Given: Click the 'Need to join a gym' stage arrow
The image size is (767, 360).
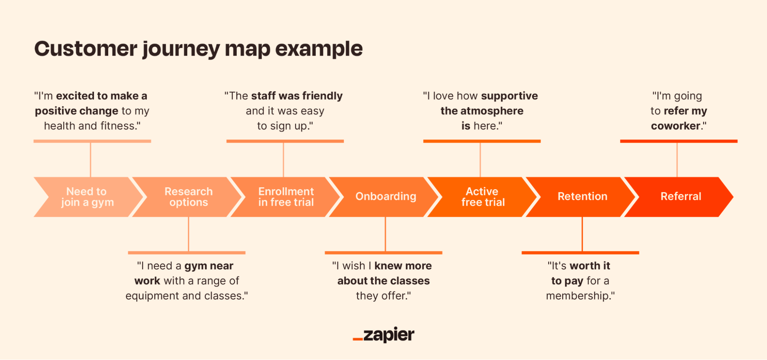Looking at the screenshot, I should click(87, 197).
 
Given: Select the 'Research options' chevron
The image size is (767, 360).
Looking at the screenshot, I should click(188, 197).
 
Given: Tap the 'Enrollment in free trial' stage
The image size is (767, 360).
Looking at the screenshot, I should click(286, 197).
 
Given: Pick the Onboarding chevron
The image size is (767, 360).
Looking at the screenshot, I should click(386, 197).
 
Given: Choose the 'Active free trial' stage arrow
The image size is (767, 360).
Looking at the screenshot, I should click(483, 197).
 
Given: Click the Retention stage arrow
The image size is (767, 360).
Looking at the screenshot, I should click(582, 197).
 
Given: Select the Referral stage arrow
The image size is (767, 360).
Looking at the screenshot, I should click(681, 197).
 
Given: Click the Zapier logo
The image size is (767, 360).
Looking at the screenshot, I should click(384, 335).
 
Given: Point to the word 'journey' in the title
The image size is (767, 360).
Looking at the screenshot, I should click(181, 50).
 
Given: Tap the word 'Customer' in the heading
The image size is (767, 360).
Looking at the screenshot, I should click(86, 49).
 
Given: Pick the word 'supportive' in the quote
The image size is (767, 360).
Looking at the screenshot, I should click(509, 96).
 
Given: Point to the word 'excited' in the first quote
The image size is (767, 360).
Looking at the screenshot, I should click(75, 96).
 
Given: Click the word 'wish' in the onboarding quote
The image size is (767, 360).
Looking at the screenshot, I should click(353, 266).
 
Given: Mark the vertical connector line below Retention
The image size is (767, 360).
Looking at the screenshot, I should click(582, 234).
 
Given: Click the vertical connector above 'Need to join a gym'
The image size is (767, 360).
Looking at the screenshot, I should click(91, 160).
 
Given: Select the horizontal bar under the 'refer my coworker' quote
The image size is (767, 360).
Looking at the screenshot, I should click(678, 141).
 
